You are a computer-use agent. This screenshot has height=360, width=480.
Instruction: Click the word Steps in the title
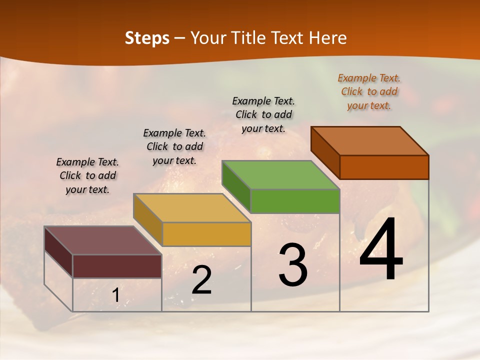pos(147,38)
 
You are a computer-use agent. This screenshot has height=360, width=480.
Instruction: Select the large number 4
pos(381,250)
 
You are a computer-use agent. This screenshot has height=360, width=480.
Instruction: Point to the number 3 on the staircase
pos(292,265)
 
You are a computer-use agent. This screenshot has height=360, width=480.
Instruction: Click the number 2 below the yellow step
pos(201,280)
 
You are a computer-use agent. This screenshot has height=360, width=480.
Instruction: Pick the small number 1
pos(115,295)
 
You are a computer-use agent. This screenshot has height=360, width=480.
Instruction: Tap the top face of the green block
pos(281,175)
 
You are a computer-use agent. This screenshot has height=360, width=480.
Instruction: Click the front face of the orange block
pos(384,167)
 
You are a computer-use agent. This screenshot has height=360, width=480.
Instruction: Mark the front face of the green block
pos(295,201)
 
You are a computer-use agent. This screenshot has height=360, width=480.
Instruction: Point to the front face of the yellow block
pos(206,234)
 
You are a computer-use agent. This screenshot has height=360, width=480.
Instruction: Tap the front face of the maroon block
pos(117,266)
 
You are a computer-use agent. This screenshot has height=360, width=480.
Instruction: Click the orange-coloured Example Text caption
pos(369,91)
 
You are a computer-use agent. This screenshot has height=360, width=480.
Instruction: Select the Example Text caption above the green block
pos(263,114)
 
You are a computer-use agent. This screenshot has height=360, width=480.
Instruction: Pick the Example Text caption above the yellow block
pos(174,146)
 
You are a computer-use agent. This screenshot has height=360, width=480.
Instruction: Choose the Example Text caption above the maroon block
pos(87,175)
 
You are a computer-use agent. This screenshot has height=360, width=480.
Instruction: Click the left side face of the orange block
pos(325,152)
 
